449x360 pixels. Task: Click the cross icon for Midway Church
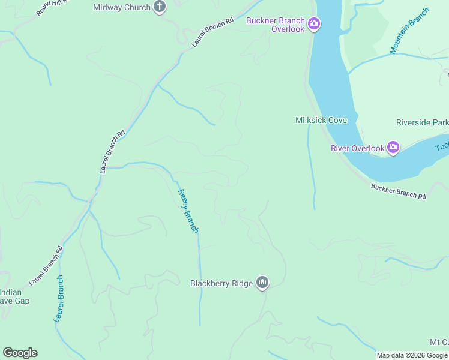[160, 8]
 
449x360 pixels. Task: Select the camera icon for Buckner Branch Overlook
[313, 25]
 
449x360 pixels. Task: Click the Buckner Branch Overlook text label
[276, 25]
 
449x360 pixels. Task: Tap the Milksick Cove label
[321, 120]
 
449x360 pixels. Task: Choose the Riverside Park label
[422, 122]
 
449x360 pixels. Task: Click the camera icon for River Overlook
[393, 148]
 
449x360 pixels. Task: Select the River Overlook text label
[357, 148]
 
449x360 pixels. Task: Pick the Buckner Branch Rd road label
[398, 191]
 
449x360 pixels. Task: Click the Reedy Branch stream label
[187, 211]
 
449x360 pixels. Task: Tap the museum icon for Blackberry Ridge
[262, 283]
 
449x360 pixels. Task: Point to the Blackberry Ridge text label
[222, 283]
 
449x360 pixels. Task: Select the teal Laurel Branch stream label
[59, 299]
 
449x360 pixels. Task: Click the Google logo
[20, 352]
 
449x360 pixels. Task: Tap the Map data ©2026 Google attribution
[412, 355]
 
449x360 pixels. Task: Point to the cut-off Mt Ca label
[439, 341]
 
